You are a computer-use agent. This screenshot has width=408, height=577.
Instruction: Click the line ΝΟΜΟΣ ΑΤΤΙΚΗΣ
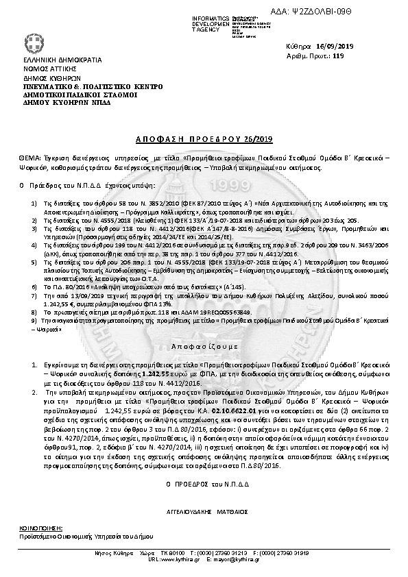[x=40, y=69]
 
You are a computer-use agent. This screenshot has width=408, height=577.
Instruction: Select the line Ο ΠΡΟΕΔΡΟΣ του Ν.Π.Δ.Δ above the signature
[x=203, y=484]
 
